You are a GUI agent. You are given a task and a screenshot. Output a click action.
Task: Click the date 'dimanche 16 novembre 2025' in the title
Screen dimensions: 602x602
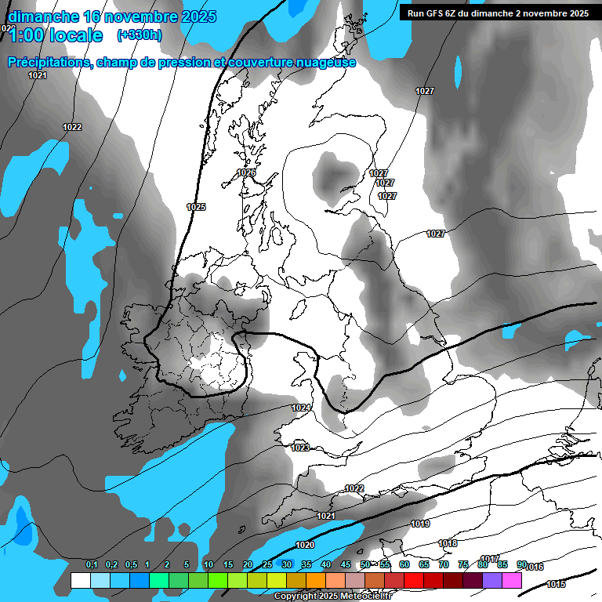point(112,16)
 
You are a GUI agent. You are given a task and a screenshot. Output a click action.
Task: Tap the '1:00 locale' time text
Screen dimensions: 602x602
point(55,35)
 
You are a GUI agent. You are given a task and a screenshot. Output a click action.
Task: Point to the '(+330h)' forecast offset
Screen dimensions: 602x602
point(140,35)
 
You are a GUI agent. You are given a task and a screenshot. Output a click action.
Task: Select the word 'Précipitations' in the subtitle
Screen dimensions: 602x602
point(49,63)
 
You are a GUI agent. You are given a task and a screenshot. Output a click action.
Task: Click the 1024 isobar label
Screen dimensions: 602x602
point(301,408)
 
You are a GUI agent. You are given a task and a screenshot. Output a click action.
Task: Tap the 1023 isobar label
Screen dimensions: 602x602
point(299,448)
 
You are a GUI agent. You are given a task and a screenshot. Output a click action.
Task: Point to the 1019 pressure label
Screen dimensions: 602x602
point(420,524)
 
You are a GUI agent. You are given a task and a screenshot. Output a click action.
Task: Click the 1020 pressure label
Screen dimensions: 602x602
point(305,545)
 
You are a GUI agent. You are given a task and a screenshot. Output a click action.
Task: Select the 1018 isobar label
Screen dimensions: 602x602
point(448,543)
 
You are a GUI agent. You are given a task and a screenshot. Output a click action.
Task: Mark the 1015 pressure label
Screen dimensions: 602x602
point(556,584)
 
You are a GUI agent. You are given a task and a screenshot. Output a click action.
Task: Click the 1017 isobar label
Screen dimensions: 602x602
point(490,559)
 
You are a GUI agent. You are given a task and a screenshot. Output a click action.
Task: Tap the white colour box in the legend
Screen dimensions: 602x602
point(80,580)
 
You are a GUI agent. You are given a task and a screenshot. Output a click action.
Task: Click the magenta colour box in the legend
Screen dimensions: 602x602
point(512,580)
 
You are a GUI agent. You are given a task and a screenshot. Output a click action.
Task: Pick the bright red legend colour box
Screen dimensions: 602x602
point(414,580)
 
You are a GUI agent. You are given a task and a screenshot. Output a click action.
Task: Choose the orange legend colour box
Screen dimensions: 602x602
point(316,580)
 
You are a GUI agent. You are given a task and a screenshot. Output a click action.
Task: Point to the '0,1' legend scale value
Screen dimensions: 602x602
point(92,565)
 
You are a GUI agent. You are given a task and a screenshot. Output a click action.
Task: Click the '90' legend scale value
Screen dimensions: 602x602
point(522,565)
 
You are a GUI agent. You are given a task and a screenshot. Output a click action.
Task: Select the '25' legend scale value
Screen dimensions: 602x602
point(267,565)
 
